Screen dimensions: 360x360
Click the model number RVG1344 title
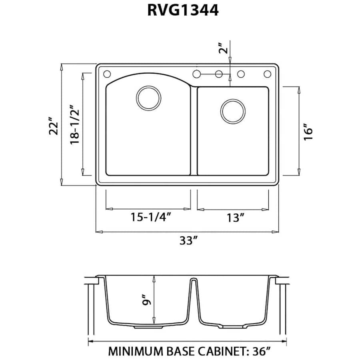(x=183, y=10)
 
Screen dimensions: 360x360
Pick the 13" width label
(x=235, y=218)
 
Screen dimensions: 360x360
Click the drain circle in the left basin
(x=148, y=98)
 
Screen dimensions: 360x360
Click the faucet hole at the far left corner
(x=107, y=74)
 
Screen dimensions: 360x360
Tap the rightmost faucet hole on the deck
(x=267, y=74)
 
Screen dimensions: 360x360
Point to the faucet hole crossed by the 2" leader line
(x=219, y=74)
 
